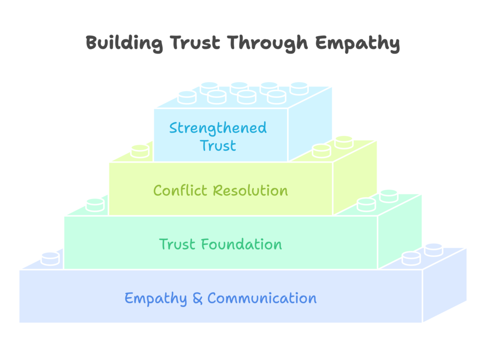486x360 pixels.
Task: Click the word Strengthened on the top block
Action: pyautogui.click(x=218, y=128)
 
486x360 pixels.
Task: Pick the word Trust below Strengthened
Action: pyautogui.click(x=218, y=146)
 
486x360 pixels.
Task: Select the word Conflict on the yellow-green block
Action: pyautogui.click(x=180, y=191)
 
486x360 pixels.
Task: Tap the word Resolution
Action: pyautogui.click(x=250, y=191)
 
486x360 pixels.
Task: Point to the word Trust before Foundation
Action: pyautogui.click(x=178, y=245)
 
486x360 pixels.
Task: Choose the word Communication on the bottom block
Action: pyautogui.click(x=262, y=298)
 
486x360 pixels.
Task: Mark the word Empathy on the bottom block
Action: pyautogui.click(x=156, y=299)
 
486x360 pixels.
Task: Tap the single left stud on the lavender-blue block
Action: pyautogui.click(x=50, y=258)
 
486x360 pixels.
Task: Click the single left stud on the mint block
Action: pyautogui.click(x=95, y=204)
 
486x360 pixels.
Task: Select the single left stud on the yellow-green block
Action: pyautogui.click(x=140, y=150)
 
